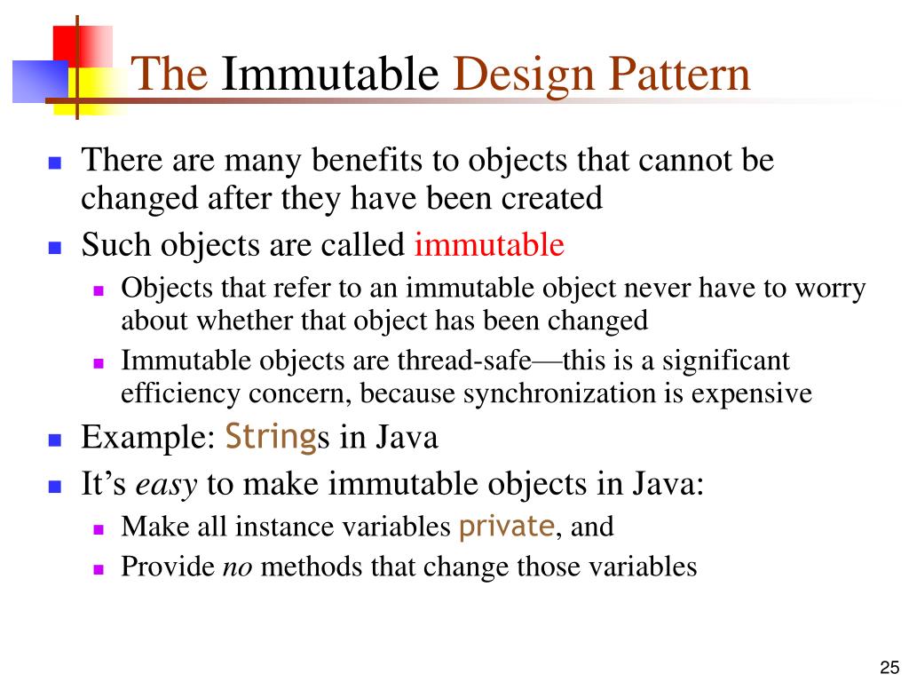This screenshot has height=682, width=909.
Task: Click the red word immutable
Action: [x=489, y=244]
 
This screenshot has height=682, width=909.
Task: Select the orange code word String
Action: [x=271, y=437]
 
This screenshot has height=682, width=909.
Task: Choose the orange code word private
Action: [x=506, y=527]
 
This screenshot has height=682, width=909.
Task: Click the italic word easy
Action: [x=167, y=485]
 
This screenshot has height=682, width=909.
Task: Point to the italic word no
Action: [x=237, y=567]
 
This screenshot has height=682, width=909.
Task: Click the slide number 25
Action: [x=889, y=668]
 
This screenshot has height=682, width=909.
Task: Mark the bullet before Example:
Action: [x=54, y=440]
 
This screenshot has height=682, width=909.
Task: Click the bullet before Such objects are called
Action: [x=54, y=247]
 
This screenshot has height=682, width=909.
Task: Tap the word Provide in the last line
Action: [x=168, y=567]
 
